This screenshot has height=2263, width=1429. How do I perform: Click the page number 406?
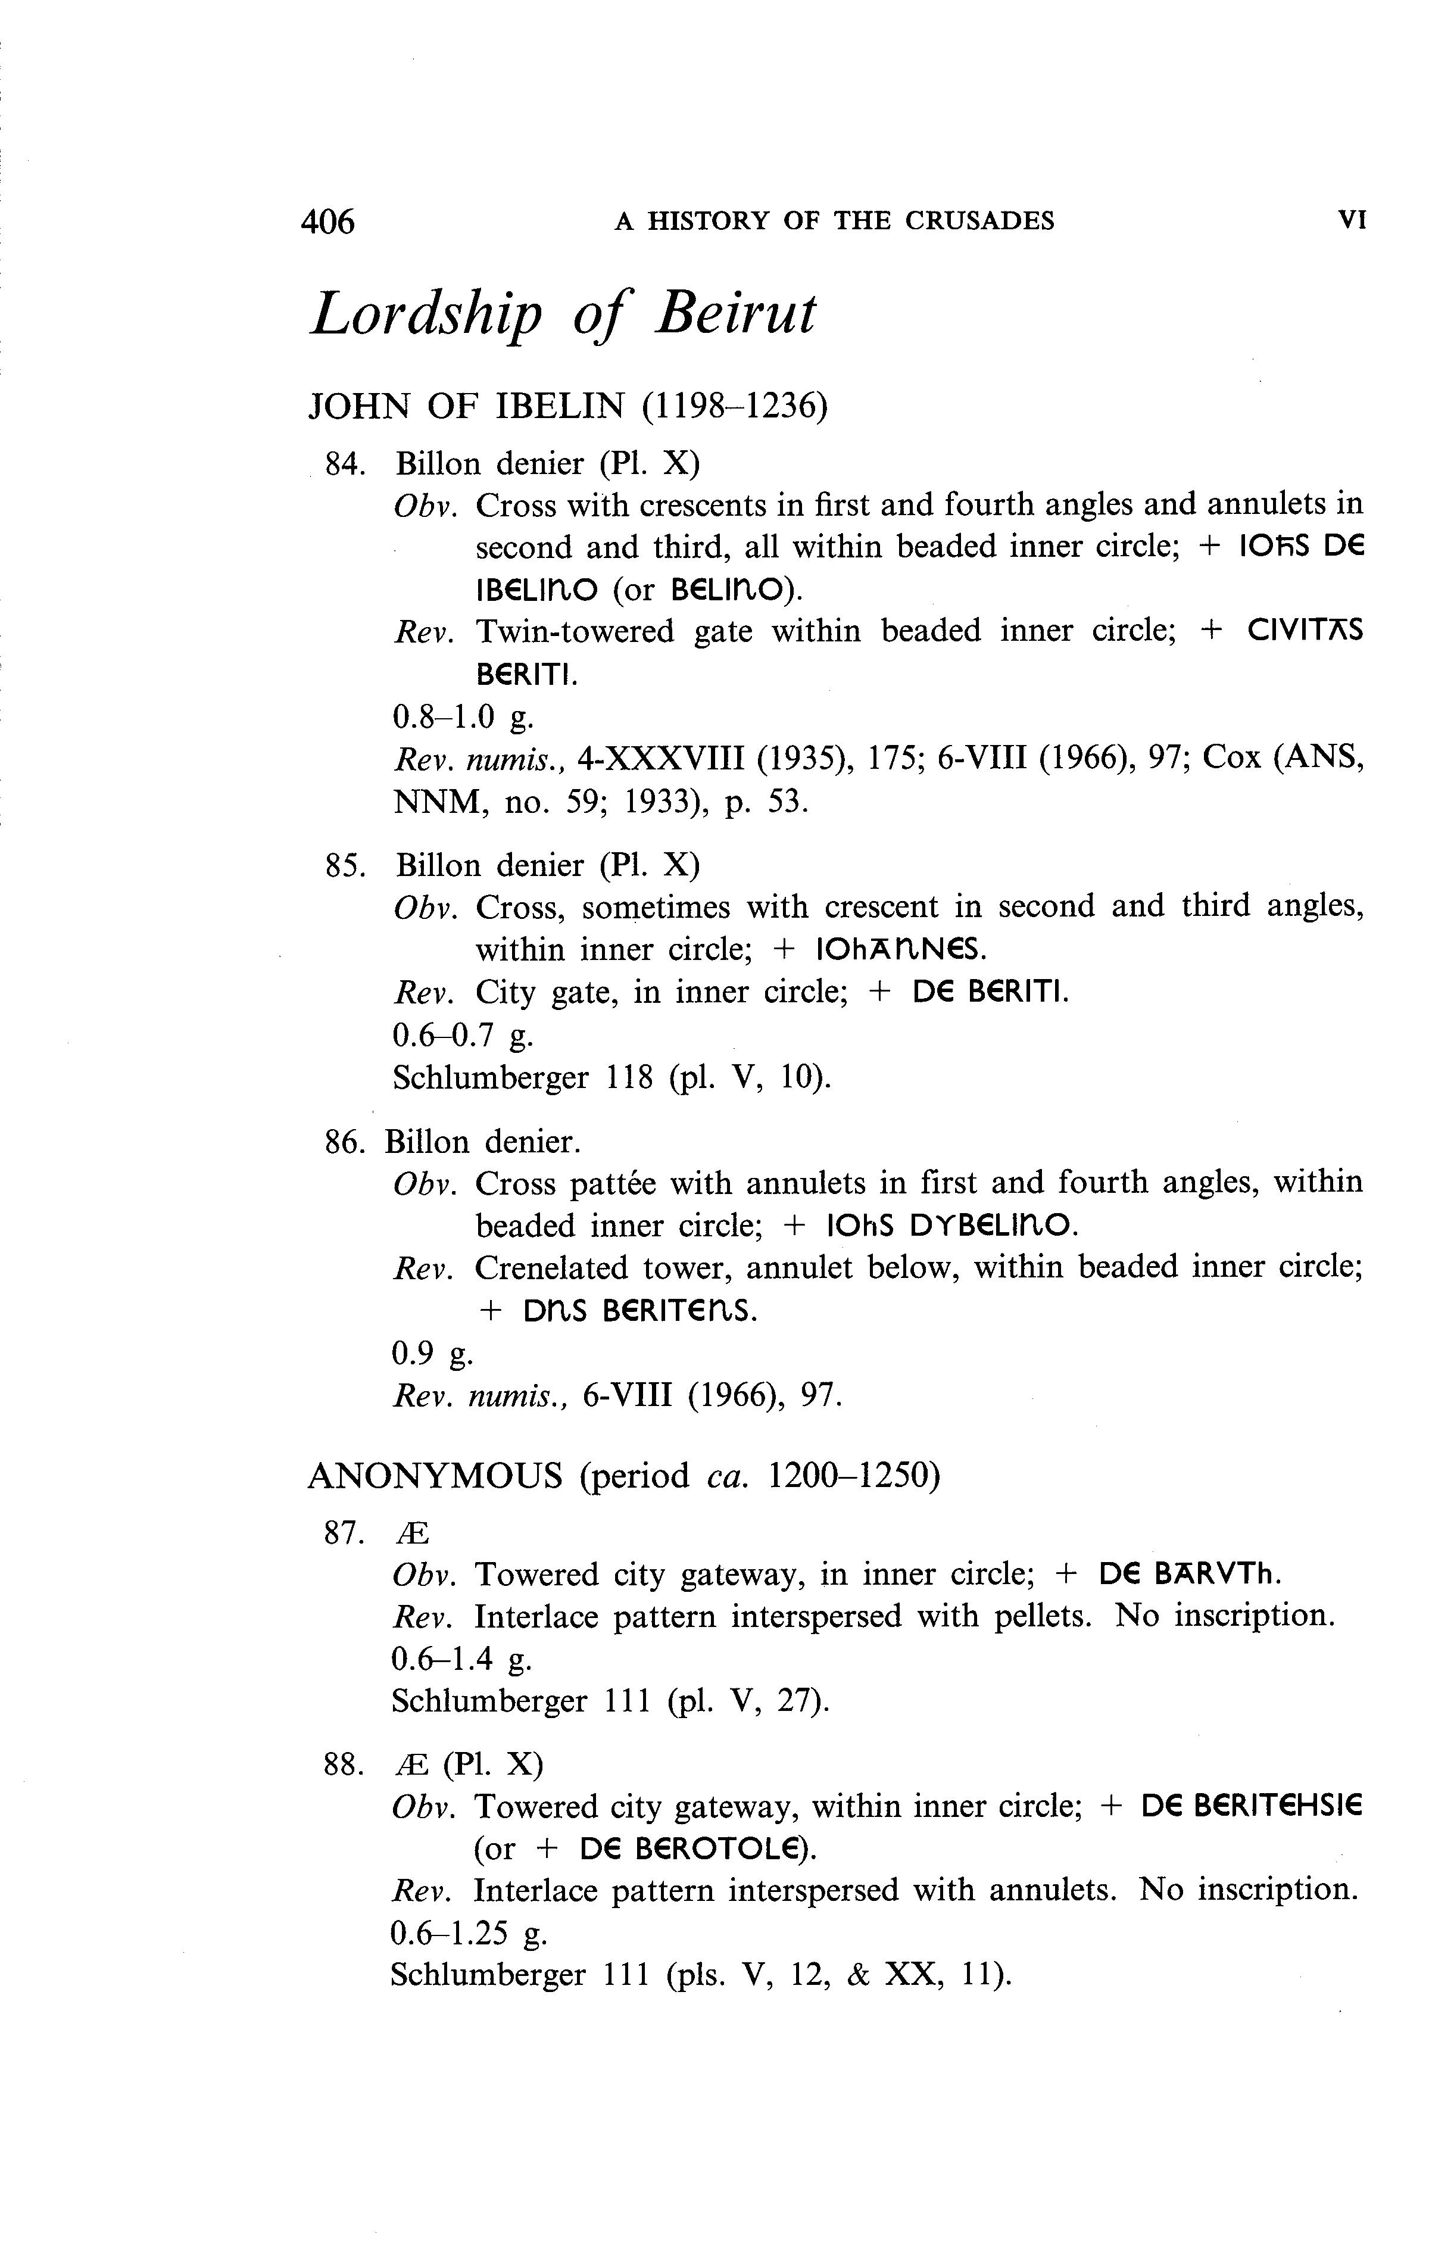[x=328, y=222]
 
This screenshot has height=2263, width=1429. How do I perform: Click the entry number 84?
[x=343, y=465]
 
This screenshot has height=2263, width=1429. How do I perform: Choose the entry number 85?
[x=343, y=865]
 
